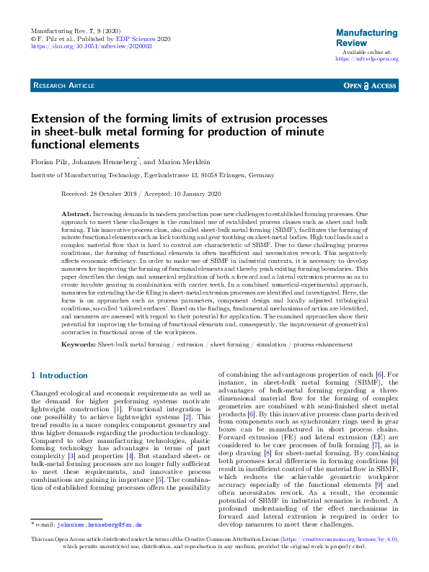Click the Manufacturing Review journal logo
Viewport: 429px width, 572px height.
click(x=366, y=38)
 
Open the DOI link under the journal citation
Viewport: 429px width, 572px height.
click(x=91, y=45)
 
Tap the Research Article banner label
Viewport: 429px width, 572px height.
click(x=63, y=86)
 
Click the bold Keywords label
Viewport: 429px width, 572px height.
click(x=78, y=345)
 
